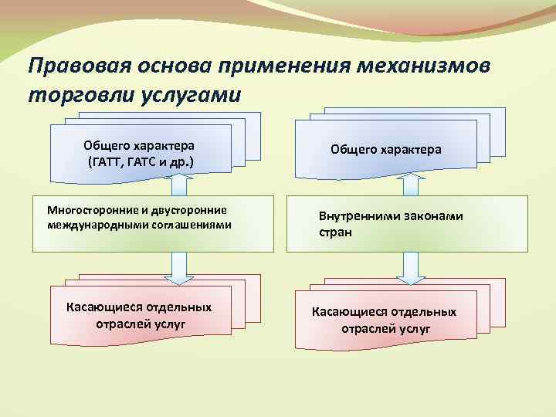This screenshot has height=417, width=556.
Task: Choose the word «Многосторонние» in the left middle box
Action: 88,210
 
